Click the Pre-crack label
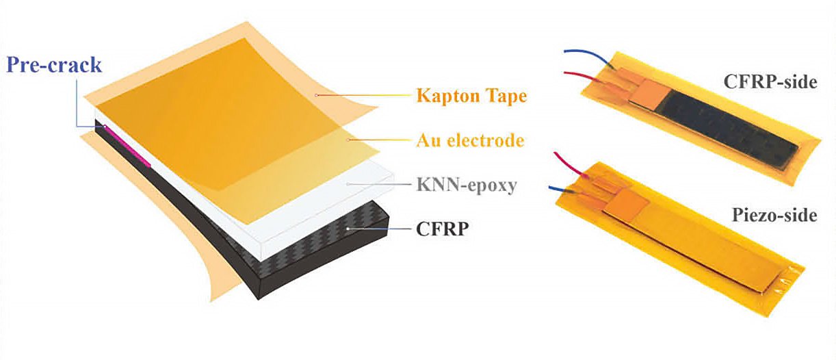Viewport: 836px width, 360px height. (54, 65)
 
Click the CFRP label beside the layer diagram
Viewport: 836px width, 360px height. (443, 229)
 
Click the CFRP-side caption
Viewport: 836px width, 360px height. (770, 83)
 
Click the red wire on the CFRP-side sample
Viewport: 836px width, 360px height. (582, 74)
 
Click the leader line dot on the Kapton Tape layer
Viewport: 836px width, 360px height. (316, 94)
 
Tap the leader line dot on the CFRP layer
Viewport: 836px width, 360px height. (348, 229)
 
